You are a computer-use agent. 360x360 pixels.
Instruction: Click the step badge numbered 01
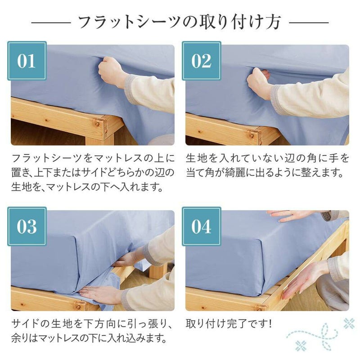(x=27, y=61)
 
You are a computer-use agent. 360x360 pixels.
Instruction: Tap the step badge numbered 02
(x=201, y=61)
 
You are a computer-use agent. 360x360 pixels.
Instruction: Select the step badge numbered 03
(x=27, y=226)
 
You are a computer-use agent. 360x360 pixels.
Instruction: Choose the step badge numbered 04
(x=201, y=226)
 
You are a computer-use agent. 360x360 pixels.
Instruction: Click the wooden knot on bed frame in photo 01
(x=97, y=124)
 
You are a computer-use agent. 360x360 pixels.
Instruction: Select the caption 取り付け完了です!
(x=229, y=324)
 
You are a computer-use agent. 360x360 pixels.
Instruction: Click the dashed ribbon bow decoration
(x=319, y=335)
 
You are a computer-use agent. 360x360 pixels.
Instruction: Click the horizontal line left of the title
(x=51, y=22)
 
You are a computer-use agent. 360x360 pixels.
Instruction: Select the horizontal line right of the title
(x=309, y=22)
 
